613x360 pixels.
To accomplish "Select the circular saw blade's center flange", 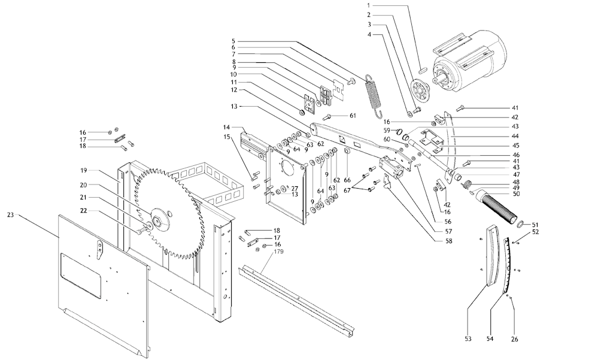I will (x=159, y=220).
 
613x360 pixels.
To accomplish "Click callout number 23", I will (x=11, y=214).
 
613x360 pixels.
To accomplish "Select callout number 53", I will (x=468, y=339).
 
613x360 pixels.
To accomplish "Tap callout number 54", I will (x=490, y=339).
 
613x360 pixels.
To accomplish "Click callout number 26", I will (x=514, y=339).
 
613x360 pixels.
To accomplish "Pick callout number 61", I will (x=353, y=116).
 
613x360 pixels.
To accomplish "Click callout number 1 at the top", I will (x=369, y=5).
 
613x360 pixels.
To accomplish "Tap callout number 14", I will (x=227, y=128).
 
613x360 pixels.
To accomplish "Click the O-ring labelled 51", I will (x=520, y=223).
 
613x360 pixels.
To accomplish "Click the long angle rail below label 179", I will (x=296, y=300).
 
